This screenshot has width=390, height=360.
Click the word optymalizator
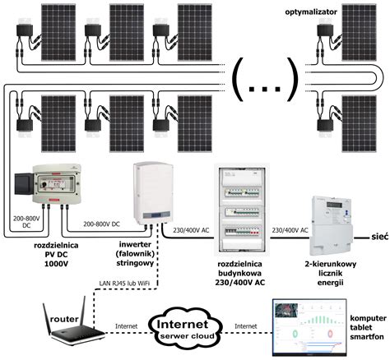311,12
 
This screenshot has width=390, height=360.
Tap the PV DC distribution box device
48,184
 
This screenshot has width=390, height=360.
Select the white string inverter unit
153,193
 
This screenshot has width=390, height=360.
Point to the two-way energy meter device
332,225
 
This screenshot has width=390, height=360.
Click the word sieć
380,237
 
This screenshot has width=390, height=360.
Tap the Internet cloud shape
186,329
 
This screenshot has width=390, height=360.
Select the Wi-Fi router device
73,321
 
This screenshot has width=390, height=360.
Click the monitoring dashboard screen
309,326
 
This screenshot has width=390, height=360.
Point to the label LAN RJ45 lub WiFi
124,284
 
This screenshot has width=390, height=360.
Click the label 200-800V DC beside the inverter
101,224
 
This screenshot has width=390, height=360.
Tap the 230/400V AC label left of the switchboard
191,230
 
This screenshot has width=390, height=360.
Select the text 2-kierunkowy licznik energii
331,273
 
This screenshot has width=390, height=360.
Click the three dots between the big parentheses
265,89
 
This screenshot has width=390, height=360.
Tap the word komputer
368,318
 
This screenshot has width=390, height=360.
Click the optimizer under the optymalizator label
325,30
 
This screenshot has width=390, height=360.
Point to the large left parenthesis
238,80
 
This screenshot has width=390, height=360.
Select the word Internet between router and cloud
126,326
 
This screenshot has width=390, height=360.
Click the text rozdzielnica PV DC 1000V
56,255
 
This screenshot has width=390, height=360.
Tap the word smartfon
367,336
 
